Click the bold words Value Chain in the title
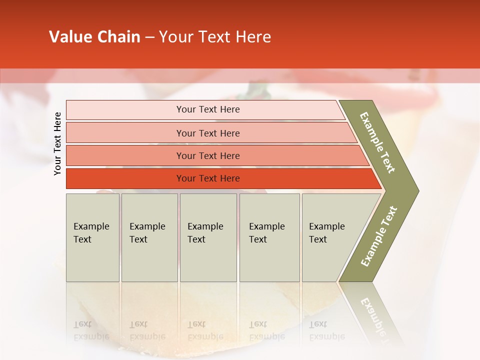click(94, 37)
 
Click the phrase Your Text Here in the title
click(215, 37)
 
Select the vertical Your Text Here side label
click(57, 143)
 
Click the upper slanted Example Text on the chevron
click(377, 142)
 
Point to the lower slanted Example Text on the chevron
click(379, 236)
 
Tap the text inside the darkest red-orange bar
click(208, 178)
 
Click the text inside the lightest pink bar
click(208, 109)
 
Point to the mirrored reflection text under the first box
click(91, 330)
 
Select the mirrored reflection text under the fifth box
click(326, 330)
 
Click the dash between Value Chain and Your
click(149, 37)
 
